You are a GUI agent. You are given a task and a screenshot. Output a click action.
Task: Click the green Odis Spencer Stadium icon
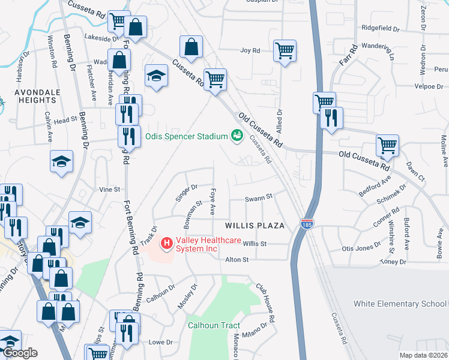pos(237,136)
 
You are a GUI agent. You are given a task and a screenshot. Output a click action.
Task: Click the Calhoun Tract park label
pos(214,326)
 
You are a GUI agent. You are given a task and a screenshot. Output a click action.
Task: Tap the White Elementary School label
pos(400,304)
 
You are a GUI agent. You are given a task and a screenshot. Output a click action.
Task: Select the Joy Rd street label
pos(250,51)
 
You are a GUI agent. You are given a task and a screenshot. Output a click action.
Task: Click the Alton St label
pos(237,260)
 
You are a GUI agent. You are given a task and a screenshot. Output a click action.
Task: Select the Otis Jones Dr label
pos(361,247)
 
